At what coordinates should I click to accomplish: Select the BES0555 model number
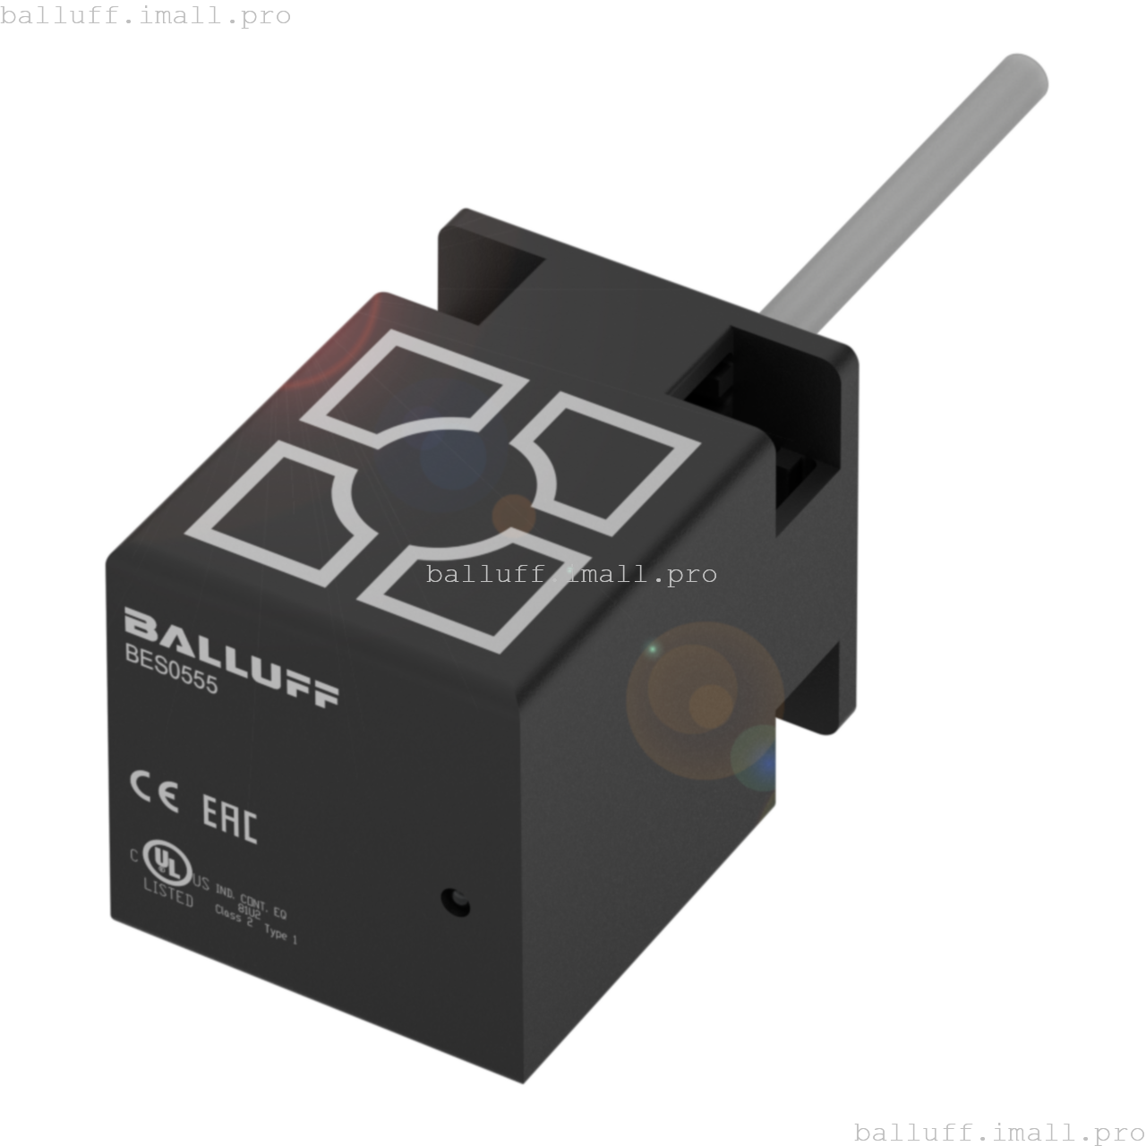click(171, 670)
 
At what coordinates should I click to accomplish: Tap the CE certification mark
click(154, 791)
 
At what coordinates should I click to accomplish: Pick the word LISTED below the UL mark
click(168, 893)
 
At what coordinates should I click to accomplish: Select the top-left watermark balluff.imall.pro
click(145, 15)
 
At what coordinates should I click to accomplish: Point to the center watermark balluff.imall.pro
click(571, 574)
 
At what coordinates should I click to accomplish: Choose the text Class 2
click(234, 916)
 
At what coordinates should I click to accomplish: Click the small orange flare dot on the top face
click(514, 514)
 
